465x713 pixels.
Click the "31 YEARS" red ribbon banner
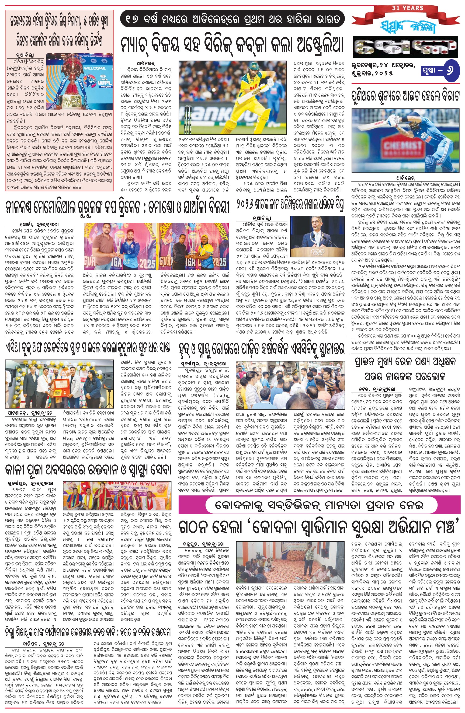(407, 9)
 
